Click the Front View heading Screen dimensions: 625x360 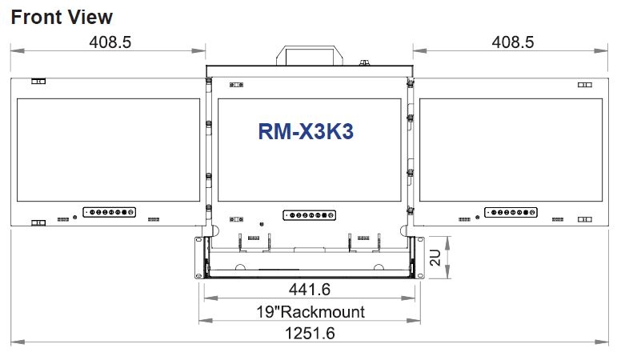click(62, 17)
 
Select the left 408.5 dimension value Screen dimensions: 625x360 click(110, 42)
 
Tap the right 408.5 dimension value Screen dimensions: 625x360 click(513, 42)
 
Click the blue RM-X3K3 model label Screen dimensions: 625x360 click(306, 131)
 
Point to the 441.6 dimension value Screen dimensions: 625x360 click(310, 289)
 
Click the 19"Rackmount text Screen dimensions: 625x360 click(310, 312)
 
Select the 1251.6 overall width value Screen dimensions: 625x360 click(310, 333)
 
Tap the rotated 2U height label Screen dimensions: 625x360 click(435, 258)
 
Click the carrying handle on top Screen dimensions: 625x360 click(310, 48)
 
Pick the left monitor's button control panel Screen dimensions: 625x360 click(109, 212)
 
